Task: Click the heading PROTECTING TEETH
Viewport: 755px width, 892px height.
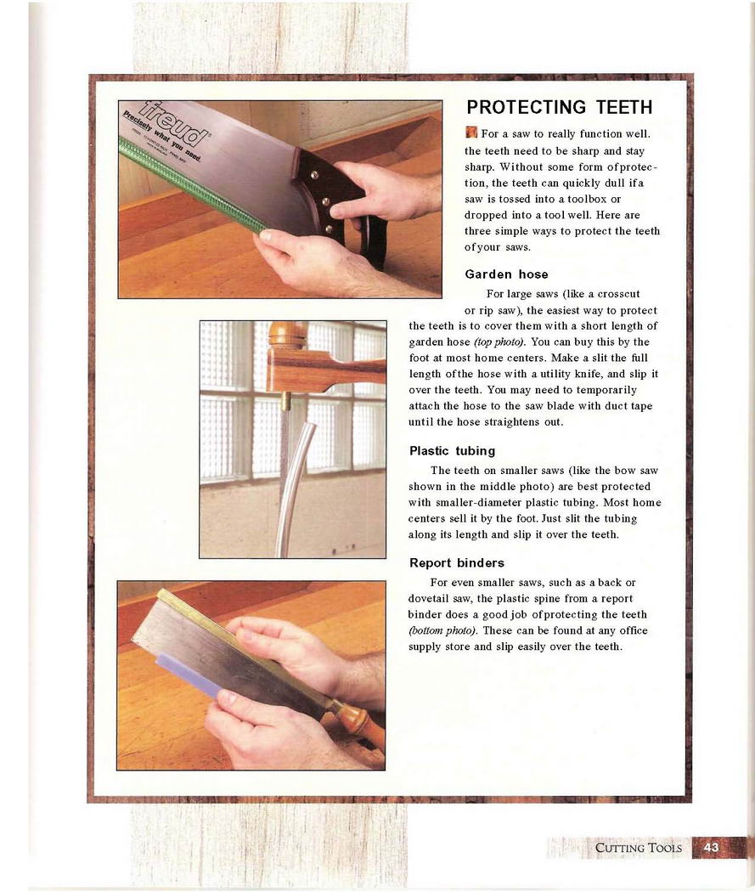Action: click(x=559, y=107)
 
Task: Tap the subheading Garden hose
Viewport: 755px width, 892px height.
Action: click(x=506, y=274)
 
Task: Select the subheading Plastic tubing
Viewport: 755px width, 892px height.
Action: click(x=452, y=451)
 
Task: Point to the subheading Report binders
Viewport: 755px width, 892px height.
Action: click(x=457, y=563)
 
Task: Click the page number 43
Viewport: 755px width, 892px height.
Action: click(x=711, y=848)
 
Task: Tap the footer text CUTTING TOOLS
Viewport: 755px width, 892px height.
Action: click(x=638, y=848)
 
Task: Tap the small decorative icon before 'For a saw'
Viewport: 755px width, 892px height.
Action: click(x=470, y=133)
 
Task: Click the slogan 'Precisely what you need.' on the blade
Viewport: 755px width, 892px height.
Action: click(x=163, y=137)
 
